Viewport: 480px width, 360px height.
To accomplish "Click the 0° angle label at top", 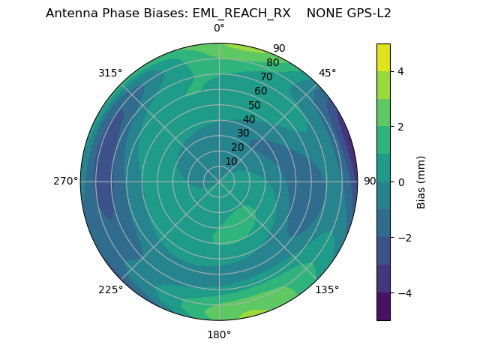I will click(x=219, y=28).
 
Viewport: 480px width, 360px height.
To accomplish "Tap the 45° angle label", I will click(x=327, y=73).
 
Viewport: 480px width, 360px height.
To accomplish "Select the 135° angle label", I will click(x=327, y=289).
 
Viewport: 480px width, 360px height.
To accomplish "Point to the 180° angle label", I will click(x=219, y=334).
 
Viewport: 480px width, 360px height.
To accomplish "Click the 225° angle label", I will click(x=110, y=289).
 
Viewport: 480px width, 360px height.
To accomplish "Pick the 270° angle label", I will click(x=65, y=181).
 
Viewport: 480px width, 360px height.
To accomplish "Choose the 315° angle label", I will click(x=110, y=73).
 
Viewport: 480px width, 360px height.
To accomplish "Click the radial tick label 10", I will click(x=231, y=162).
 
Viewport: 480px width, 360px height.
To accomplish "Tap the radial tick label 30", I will click(x=243, y=133).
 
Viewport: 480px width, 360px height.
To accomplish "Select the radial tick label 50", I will click(x=255, y=106).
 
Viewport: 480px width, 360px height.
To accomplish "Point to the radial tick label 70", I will click(x=267, y=77).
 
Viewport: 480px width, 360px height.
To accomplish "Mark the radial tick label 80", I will click(x=273, y=63).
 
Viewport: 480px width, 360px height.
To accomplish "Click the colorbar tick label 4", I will click(x=401, y=71).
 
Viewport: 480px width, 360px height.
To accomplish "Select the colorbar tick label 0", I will click(x=401, y=182).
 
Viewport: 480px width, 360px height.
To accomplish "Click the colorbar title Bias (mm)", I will click(x=421, y=182).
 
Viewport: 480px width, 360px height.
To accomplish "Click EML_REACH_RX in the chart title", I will click(x=241, y=13).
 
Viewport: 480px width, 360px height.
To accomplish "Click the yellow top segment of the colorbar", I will click(x=383, y=57).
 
